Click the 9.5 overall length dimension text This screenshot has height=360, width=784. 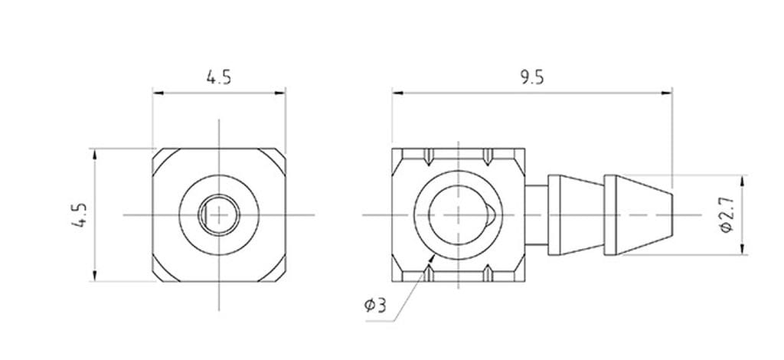[531, 77]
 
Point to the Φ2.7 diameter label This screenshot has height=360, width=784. [727, 215]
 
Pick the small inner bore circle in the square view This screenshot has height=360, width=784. [220, 215]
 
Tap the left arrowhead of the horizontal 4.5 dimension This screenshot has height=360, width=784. [158, 93]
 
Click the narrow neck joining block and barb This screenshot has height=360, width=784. [537, 215]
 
